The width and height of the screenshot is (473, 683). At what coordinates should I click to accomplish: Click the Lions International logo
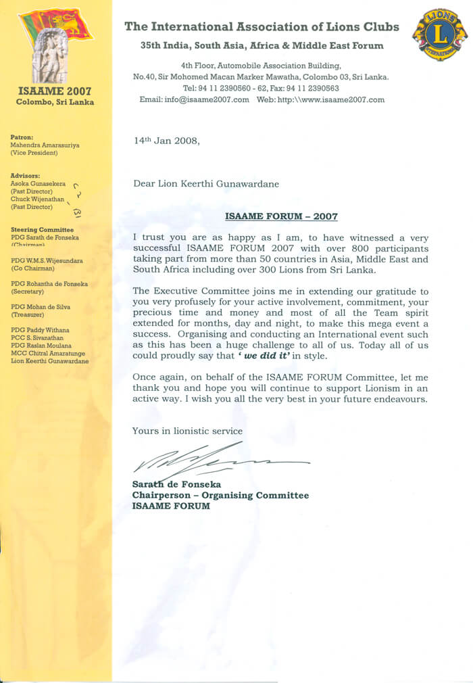pos(439,34)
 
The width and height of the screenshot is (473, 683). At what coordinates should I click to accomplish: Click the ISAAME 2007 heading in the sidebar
pos(56,91)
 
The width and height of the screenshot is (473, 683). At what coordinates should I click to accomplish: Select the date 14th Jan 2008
pos(167,141)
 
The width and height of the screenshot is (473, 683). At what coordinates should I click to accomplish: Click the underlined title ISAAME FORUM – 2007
pos(281,216)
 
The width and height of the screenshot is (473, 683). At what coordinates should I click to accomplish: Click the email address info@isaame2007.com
pos(195,99)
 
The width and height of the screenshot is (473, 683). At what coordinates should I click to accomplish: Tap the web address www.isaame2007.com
pos(331,99)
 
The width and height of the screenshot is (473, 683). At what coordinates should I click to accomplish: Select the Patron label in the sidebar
pos(22,137)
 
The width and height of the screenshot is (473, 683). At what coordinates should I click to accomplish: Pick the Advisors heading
pos(26,176)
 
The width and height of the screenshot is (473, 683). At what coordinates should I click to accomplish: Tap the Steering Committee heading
pos(43,230)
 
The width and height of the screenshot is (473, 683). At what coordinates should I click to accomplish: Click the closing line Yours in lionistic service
pos(187,431)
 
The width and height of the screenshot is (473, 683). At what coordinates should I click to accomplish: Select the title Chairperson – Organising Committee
pos(220,495)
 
